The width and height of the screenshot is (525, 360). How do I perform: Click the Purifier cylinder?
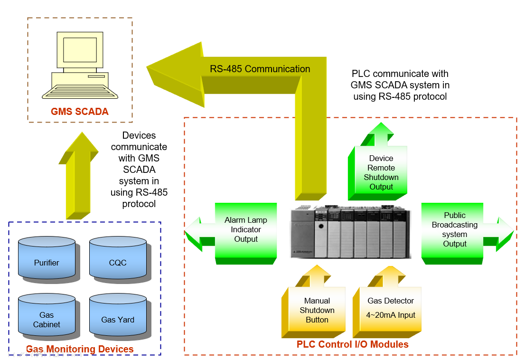tap(47, 262)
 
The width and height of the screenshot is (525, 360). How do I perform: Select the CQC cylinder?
tap(118, 262)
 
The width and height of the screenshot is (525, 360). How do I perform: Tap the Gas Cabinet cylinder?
tap(47, 320)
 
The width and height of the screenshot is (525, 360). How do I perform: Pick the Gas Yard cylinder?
tap(118, 320)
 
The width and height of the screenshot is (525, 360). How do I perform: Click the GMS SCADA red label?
tap(80, 112)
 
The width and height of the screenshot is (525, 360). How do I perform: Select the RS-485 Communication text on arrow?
tap(260, 69)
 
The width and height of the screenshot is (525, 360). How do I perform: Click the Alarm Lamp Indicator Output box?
tap(245, 230)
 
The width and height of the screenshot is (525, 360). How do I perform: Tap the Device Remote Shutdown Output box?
tap(381, 172)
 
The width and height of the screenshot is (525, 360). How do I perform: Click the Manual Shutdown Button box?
tap(317, 311)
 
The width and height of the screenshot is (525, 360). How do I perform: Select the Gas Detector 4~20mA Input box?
tap(390, 308)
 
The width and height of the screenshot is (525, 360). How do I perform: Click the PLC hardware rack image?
tap(350, 232)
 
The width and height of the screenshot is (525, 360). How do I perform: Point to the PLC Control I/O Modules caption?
tap(352, 344)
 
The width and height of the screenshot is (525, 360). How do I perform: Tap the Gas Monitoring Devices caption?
tap(80, 350)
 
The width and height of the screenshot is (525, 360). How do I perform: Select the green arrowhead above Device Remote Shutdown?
tap(381, 130)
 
